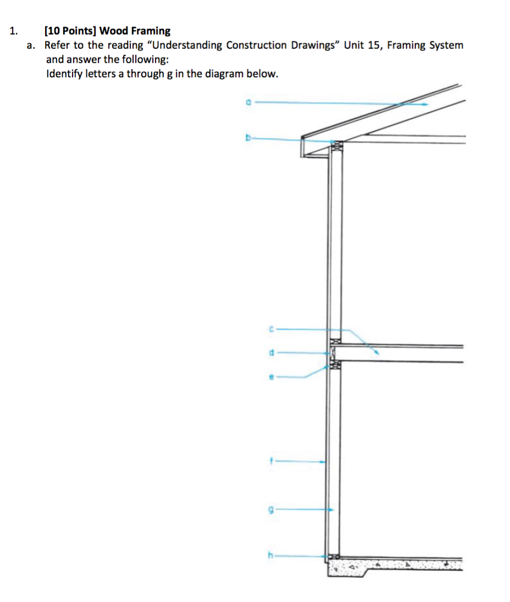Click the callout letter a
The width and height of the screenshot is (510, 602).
point(248,102)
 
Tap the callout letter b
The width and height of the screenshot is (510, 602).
point(248,139)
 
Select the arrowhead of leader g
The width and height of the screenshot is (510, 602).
point(331,510)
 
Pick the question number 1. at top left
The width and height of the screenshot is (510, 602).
point(15,31)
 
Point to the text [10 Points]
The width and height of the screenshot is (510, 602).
point(70,31)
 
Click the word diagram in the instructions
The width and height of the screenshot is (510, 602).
point(225,74)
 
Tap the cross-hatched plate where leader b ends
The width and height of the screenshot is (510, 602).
point(336,144)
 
